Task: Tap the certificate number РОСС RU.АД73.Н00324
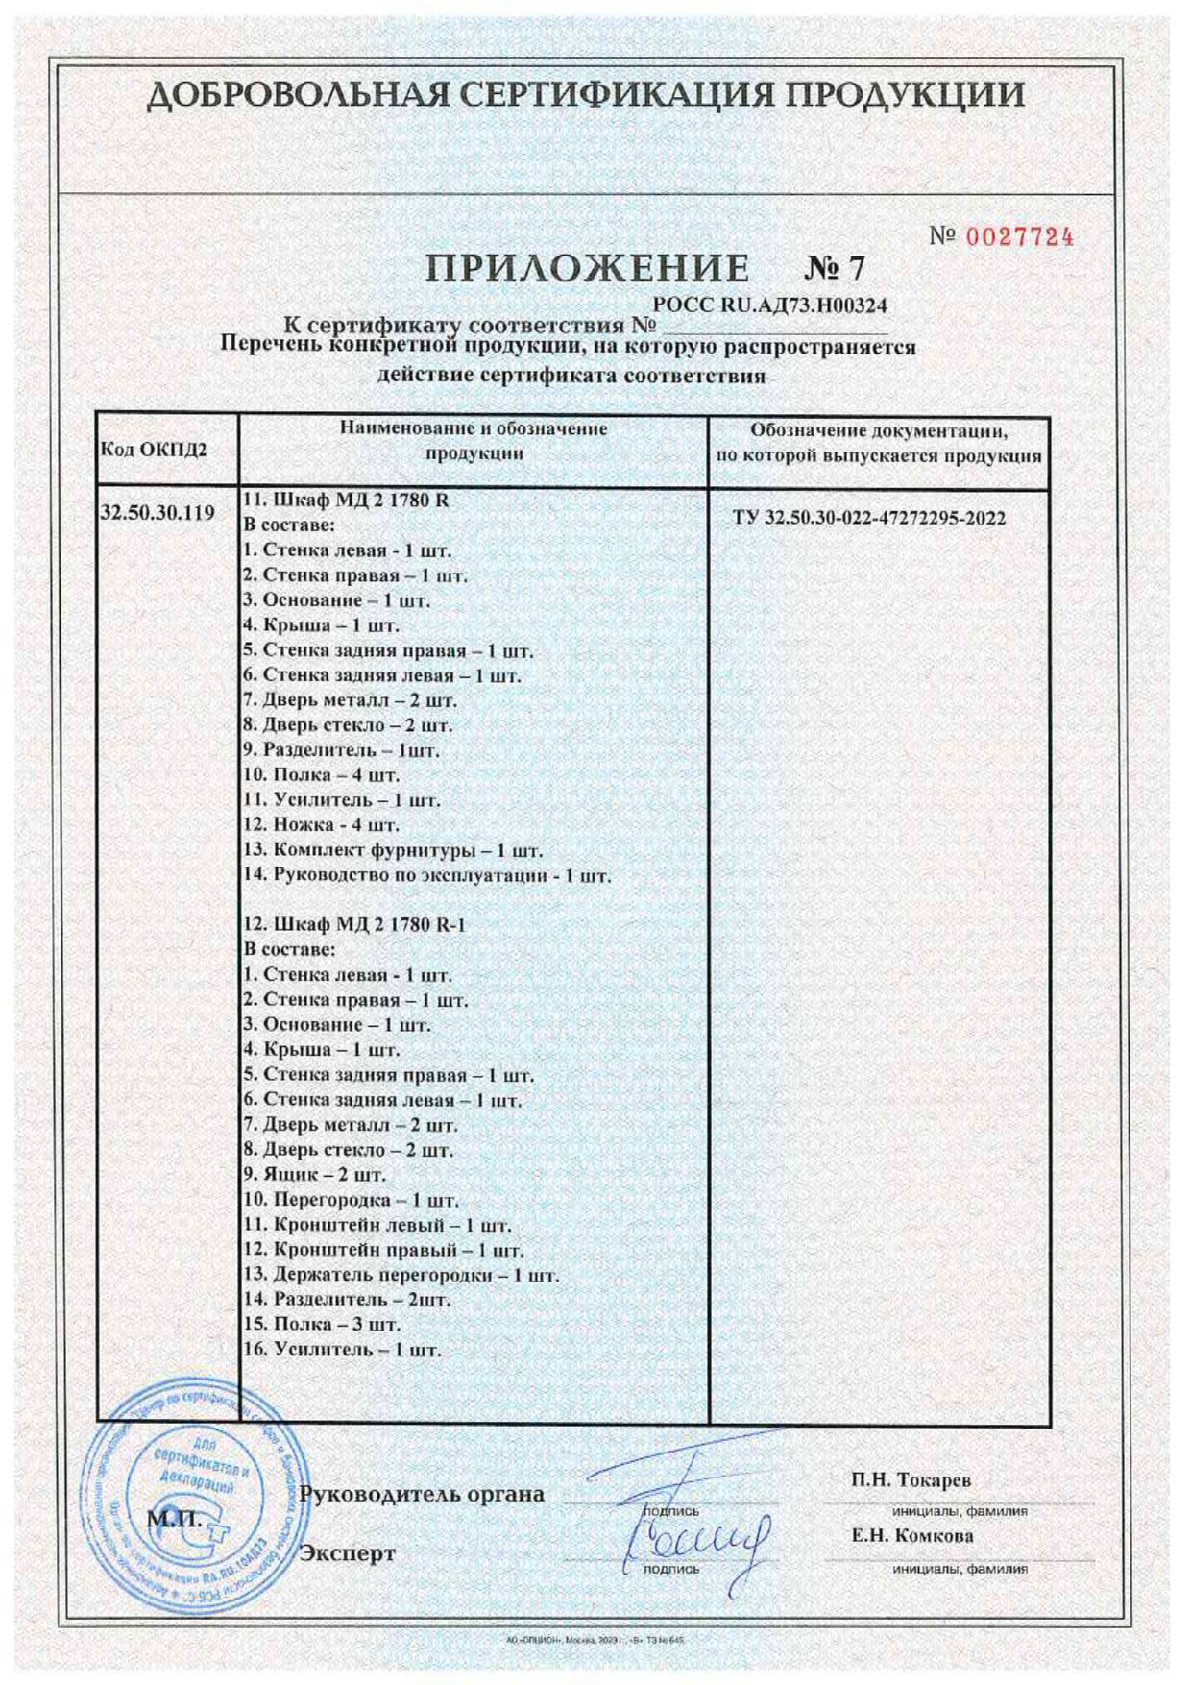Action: point(769,305)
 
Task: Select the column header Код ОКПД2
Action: point(154,450)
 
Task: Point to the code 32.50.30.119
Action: point(158,512)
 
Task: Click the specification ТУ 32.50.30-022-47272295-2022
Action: point(869,519)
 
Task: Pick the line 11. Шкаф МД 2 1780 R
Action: point(347,501)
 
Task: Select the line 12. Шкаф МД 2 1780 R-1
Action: point(355,925)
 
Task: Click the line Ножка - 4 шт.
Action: point(322,825)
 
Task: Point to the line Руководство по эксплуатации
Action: point(427,876)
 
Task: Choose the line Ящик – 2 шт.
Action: point(315,1175)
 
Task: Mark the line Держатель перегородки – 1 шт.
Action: point(401,1276)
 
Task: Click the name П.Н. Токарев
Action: point(911,1480)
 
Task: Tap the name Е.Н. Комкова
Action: point(912,1535)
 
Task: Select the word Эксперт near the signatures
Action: point(348,1553)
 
